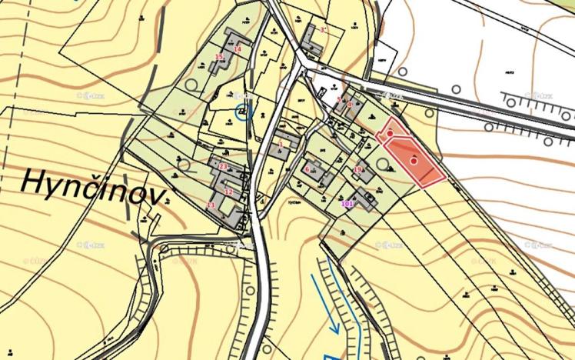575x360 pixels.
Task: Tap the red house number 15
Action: (x=219, y=56)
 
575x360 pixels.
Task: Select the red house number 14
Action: (x=238, y=49)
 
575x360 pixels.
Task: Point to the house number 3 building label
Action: (x=323, y=29)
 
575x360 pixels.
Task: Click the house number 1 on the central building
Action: (x=281, y=143)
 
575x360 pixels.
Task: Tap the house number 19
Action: (x=357, y=169)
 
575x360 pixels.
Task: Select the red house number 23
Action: (x=223, y=166)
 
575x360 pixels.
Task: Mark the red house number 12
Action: (x=228, y=192)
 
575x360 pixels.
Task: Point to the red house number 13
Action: (x=211, y=205)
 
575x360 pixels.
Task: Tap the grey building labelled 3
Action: (x=312, y=38)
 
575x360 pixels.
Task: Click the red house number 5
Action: (x=339, y=99)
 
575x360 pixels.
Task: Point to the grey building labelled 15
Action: (x=218, y=65)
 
